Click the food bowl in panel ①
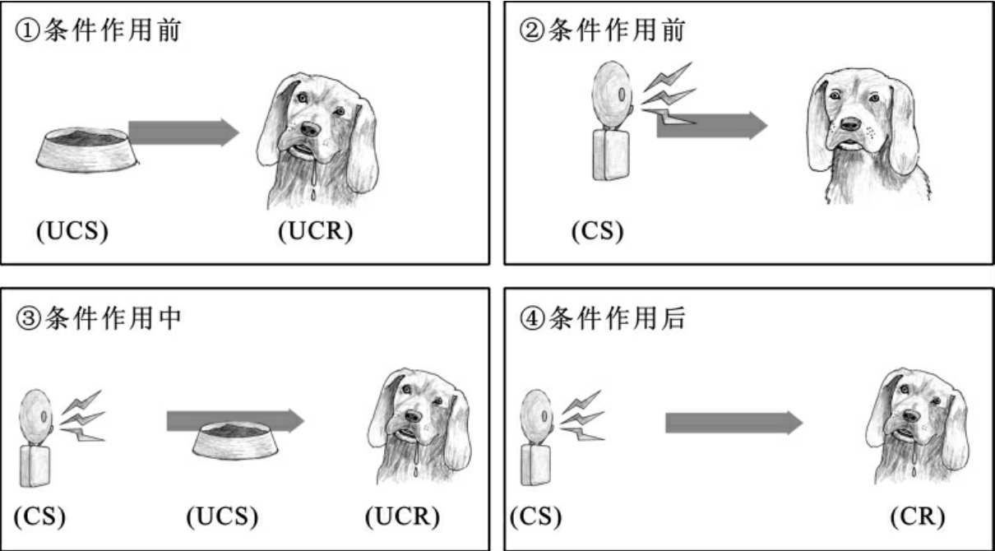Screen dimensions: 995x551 point(87,147)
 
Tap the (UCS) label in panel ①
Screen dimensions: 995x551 point(72,230)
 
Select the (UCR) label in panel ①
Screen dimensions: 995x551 point(316,230)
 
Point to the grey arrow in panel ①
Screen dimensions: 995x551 point(184,132)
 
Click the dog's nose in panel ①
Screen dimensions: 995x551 point(310,129)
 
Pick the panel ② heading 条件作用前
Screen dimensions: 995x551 point(617,30)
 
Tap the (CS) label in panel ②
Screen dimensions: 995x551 point(598,230)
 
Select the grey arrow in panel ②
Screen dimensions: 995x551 point(712,126)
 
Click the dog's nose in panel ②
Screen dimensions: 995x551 point(850,124)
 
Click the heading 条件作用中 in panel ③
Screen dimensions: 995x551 point(113,318)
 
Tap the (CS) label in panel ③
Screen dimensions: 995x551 point(40,516)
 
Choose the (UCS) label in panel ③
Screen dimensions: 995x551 point(222,516)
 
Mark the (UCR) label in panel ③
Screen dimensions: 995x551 point(402,516)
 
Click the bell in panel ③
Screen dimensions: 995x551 point(36,438)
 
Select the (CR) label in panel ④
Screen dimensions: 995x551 point(918,516)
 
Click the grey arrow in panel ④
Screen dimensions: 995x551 point(734,423)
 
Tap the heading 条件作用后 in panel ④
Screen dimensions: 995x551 point(617,318)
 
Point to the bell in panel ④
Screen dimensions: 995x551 point(538,438)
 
